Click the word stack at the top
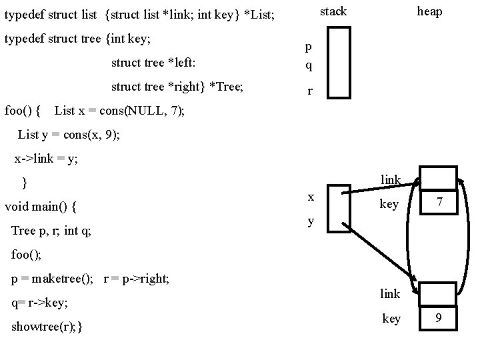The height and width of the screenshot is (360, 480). coord(333,11)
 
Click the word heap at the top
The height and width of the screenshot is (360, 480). coord(429,11)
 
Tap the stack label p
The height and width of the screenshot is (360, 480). coord(308,47)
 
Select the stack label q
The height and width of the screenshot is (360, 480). coord(308,66)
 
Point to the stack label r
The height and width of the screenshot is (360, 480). coord(310,93)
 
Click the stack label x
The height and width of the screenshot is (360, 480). coord(311,197)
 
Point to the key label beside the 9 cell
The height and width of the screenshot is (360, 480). coord(391,319)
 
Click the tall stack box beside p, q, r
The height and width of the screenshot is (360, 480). coord(339,63)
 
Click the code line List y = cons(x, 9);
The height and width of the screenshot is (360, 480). coord(69,134)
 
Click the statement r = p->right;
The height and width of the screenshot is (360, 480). coord(137,279)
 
